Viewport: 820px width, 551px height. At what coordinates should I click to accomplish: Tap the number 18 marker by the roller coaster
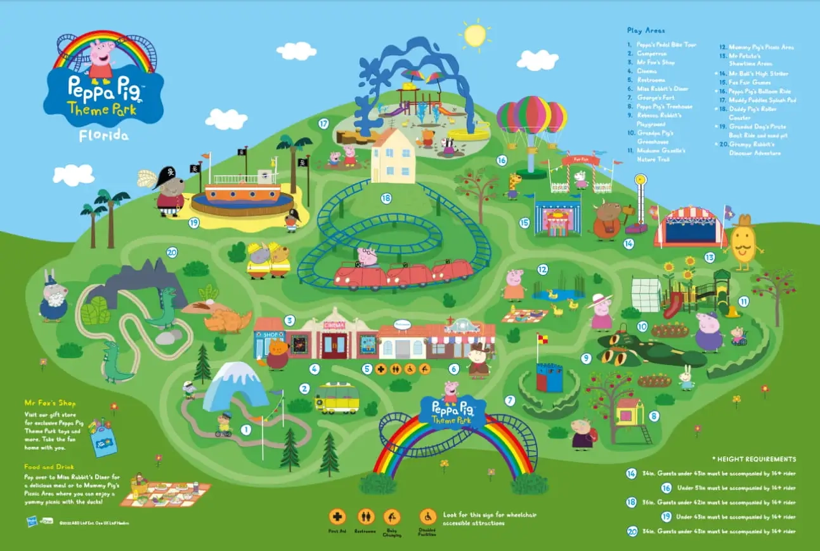(386, 198)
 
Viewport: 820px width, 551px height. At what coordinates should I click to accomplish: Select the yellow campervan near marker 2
(337, 397)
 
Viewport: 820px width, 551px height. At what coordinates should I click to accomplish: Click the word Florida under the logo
(103, 135)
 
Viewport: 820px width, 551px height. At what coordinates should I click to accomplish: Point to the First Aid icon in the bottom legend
(337, 517)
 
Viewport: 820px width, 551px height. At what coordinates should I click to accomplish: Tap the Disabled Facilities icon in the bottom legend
(427, 517)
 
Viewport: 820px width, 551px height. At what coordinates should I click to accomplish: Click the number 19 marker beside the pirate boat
(193, 222)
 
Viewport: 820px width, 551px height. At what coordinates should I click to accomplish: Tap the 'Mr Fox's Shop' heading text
(49, 403)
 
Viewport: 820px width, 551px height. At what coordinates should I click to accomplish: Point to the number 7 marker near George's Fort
(509, 401)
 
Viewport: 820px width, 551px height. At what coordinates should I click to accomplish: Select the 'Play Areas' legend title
(643, 30)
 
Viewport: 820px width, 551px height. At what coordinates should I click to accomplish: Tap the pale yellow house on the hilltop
(393, 156)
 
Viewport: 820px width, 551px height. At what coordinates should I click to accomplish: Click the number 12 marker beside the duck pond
(542, 269)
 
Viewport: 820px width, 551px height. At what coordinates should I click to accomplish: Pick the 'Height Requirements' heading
(755, 459)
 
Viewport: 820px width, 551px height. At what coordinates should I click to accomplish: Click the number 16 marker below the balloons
(502, 161)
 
